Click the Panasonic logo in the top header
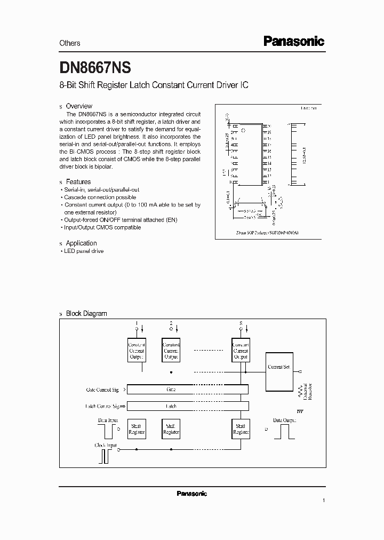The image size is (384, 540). [x=294, y=42]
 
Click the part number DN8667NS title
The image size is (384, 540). [x=95, y=68]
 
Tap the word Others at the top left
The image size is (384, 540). [x=69, y=43]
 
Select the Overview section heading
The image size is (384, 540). [x=79, y=106]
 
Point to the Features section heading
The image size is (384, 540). [x=78, y=182]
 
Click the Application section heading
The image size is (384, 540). [x=81, y=243]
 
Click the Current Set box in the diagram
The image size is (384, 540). [x=278, y=367]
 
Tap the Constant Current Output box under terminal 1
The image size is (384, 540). [x=137, y=351]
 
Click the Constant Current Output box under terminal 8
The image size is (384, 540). [x=241, y=351]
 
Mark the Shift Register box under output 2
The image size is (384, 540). [x=171, y=428]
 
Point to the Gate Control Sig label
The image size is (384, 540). [x=104, y=390]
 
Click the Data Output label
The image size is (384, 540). [x=284, y=420]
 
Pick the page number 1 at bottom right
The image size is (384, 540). [x=323, y=501]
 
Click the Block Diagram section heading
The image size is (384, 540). [x=86, y=314]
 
